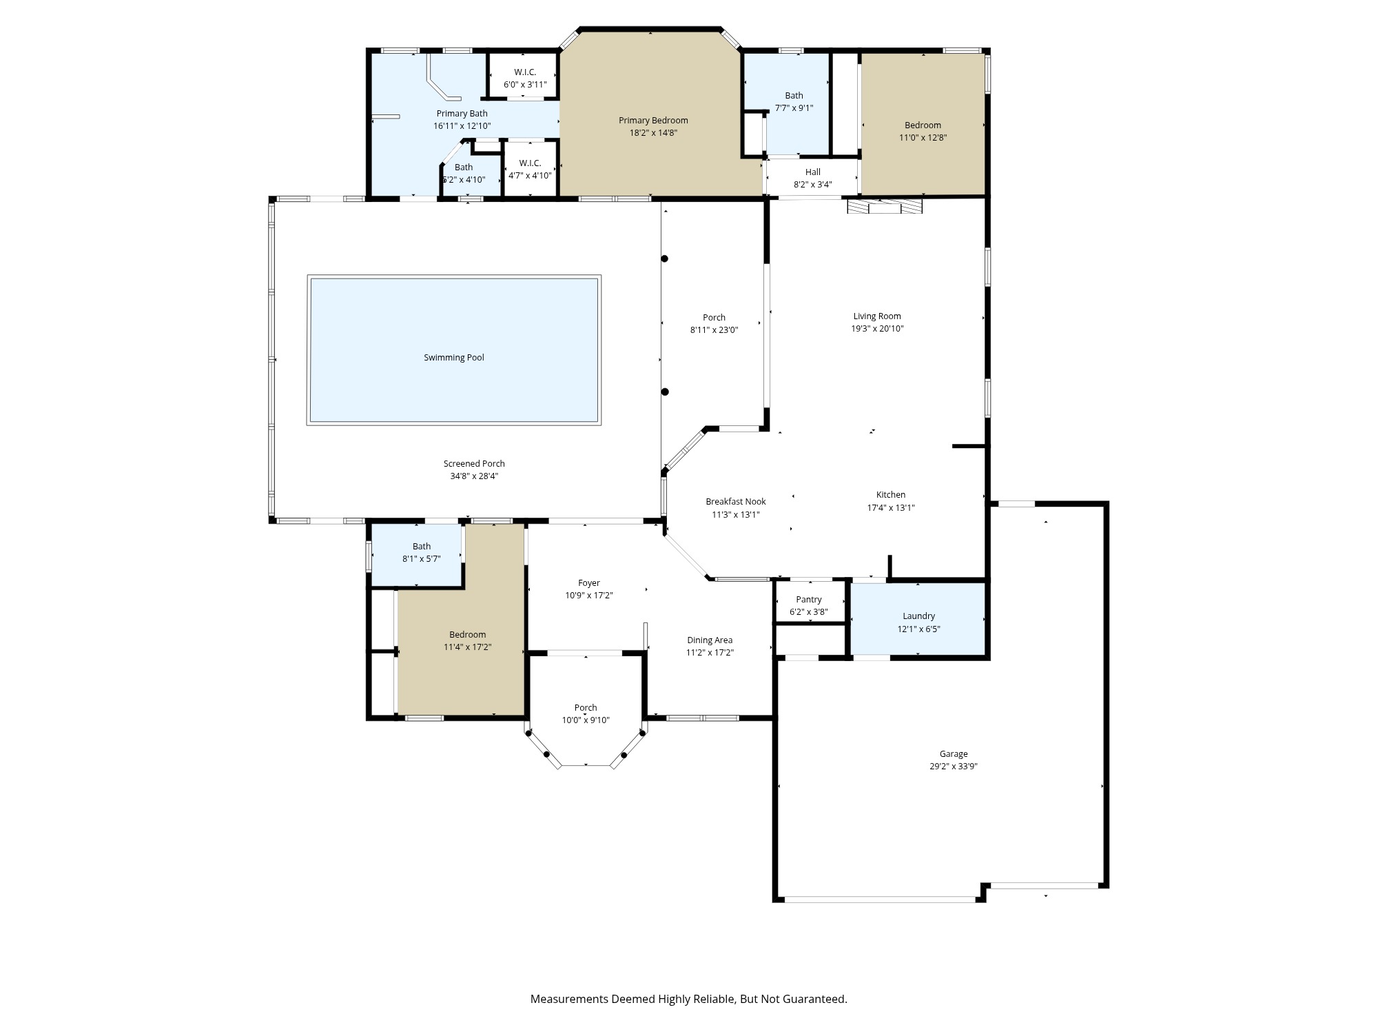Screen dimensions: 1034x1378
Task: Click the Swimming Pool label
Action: pos(453,357)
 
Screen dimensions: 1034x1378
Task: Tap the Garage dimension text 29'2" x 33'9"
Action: pos(953,767)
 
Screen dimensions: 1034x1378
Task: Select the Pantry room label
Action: pos(808,600)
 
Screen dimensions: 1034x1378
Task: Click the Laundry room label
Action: pos(918,616)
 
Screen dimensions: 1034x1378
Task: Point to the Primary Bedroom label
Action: pos(652,121)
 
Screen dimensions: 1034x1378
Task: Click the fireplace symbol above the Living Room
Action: pos(884,206)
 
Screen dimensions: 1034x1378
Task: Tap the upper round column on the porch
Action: pos(665,259)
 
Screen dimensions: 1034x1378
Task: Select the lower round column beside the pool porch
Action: pos(665,392)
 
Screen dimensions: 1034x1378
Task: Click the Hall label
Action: pos(812,172)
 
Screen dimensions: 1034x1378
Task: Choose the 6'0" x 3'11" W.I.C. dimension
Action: pos(524,85)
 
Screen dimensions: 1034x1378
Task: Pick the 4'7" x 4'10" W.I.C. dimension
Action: pos(529,176)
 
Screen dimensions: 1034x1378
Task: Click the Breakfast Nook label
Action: pos(735,502)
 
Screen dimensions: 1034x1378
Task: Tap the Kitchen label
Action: pos(890,495)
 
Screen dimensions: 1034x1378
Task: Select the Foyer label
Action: pos(588,583)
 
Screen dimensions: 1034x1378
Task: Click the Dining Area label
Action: pos(709,640)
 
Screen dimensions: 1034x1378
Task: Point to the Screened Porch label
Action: pos(473,464)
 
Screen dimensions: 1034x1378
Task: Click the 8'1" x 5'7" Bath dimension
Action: pos(421,559)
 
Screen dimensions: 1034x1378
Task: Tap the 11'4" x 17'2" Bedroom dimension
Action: pos(467,647)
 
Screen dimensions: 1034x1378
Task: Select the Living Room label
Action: pos(876,316)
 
